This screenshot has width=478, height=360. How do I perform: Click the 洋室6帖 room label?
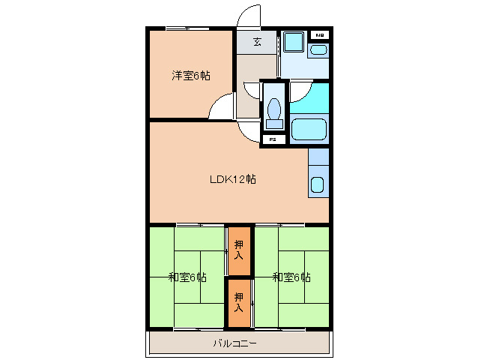(190, 75)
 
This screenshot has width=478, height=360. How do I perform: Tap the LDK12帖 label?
(233, 179)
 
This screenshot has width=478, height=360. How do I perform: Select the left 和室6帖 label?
(187, 277)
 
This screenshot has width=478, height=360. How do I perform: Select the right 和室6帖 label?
(291, 277)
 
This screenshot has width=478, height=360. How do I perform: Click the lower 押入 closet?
(239, 302)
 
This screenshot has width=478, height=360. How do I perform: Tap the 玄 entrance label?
(257, 42)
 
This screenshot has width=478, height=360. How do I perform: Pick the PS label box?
(273, 139)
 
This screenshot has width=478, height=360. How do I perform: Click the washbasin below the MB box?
(318, 49)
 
